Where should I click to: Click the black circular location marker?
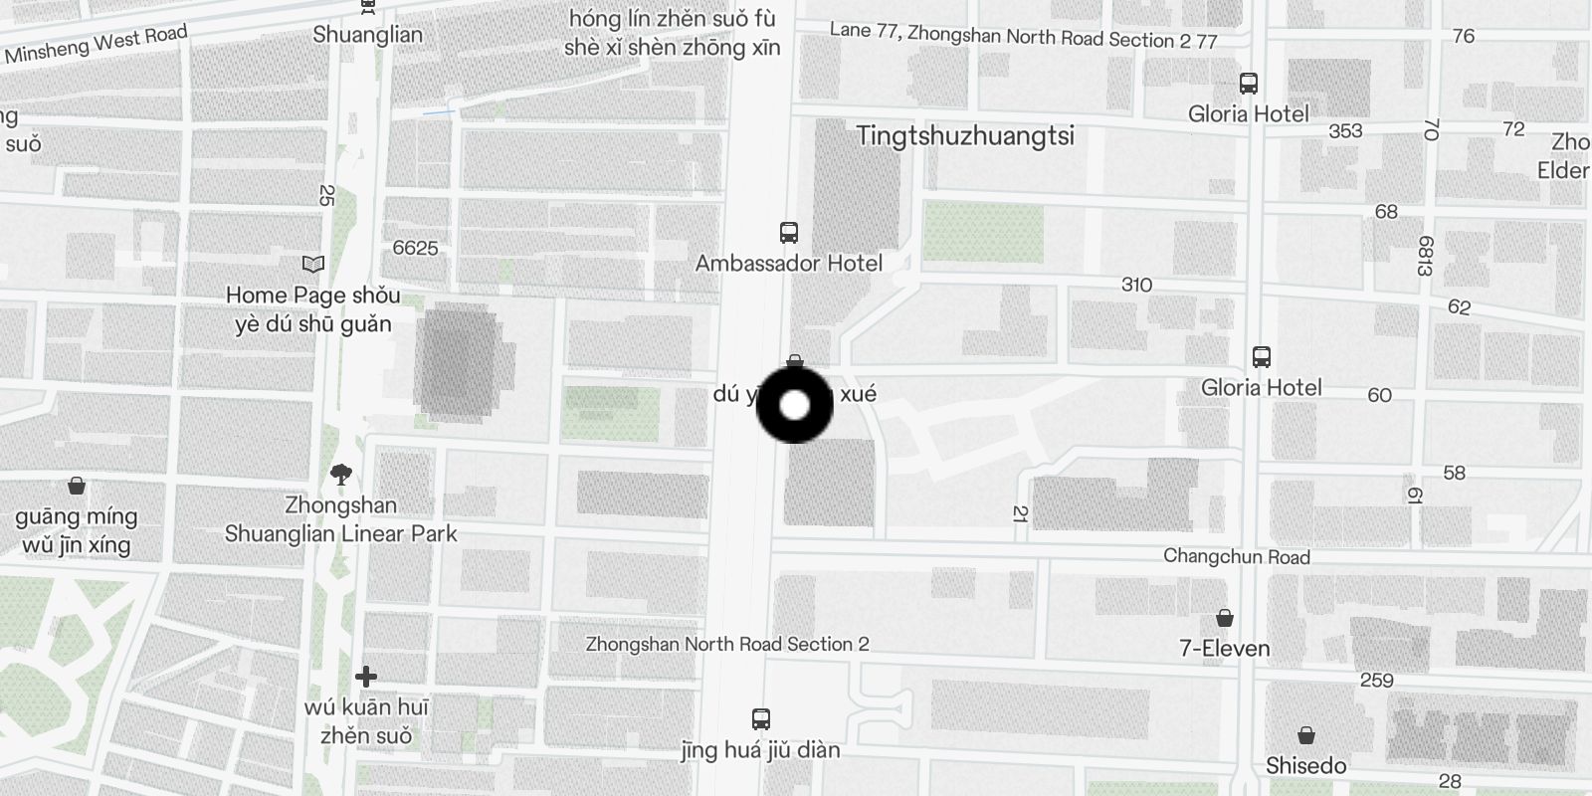[x=794, y=405]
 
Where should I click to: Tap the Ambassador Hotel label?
[x=788, y=264]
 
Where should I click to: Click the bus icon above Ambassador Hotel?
[x=789, y=233]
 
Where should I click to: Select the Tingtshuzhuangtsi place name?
[x=965, y=136]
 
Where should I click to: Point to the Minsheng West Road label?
[x=96, y=45]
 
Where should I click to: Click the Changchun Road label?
[x=1236, y=557]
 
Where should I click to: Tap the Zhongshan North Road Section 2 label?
[x=726, y=644]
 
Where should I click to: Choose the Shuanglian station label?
[x=367, y=35]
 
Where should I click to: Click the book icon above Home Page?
[x=313, y=265]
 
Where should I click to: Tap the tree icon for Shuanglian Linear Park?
[x=341, y=475]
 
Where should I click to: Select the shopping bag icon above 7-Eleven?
[x=1225, y=618]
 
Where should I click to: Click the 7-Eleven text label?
[x=1224, y=649]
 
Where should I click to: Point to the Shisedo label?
[x=1305, y=766]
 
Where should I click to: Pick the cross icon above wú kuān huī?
[x=366, y=677]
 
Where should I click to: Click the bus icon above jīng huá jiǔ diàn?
[x=761, y=718]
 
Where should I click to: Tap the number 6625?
[x=415, y=248]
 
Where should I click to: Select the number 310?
[x=1136, y=285]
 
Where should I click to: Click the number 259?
[x=1376, y=681]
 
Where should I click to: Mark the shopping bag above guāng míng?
[x=77, y=487]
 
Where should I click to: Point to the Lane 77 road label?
[x=1023, y=36]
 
